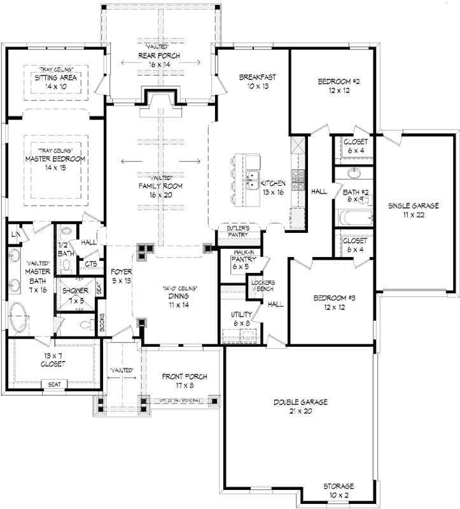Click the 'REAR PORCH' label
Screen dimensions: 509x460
pyautogui.click(x=162, y=55)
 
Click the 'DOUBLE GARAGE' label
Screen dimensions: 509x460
pyautogui.click(x=300, y=402)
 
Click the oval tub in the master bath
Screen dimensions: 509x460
pyautogui.click(x=18, y=315)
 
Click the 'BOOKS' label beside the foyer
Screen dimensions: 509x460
pyautogui.click(x=102, y=323)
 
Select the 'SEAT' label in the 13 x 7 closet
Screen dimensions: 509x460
pyautogui.click(x=51, y=384)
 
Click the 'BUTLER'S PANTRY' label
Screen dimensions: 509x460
pyautogui.click(x=239, y=231)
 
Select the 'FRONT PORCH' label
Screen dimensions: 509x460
pyautogui.click(x=185, y=376)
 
